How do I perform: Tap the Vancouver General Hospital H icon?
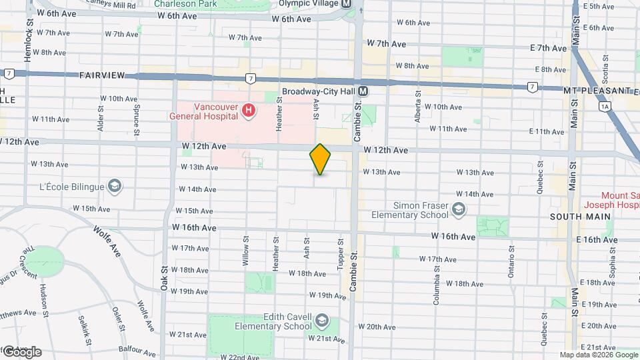coord(248,109)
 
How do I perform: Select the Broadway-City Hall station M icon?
coord(363,91)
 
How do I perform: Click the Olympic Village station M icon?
coord(346,3)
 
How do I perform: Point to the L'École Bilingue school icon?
coord(114,185)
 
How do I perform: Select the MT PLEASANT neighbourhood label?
coord(597,90)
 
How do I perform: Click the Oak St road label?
coord(164,277)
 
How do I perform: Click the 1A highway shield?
coord(605,106)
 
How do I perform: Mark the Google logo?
coord(21,352)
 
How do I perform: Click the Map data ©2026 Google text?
coord(597,355)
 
